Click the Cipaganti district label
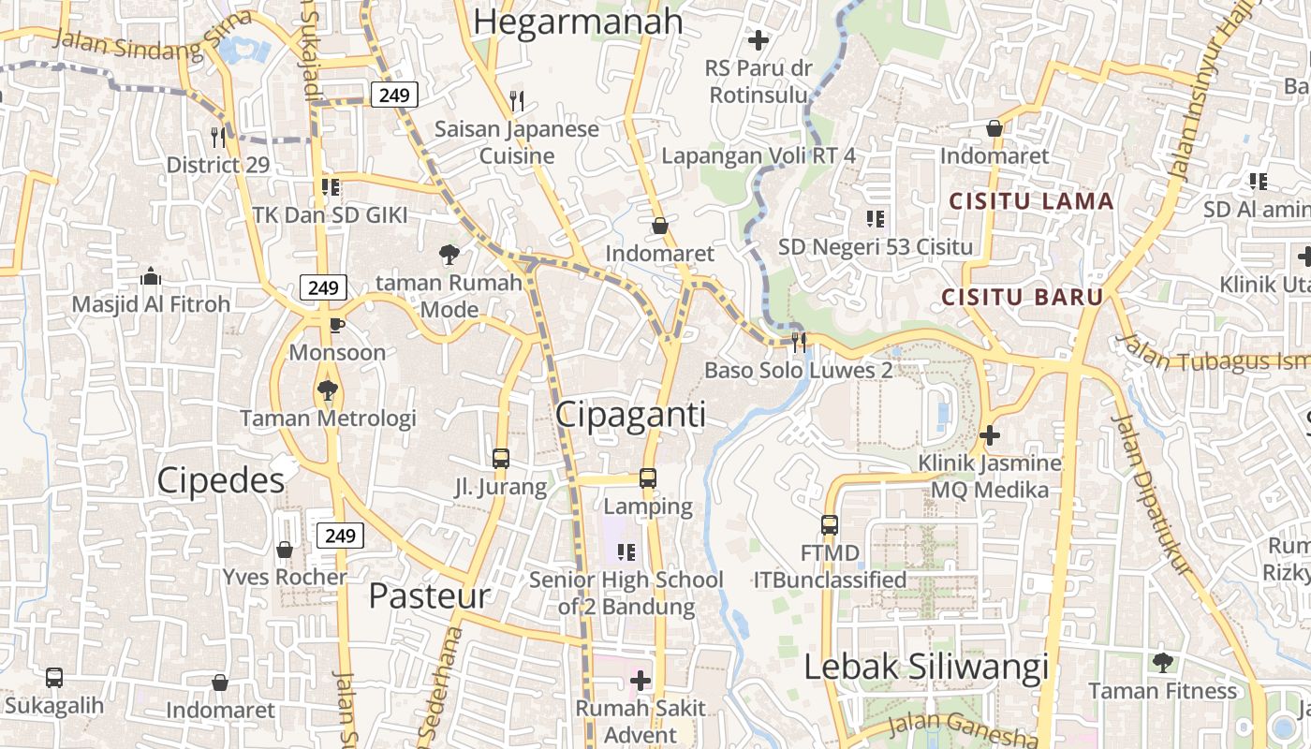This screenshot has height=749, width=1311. [630, 415]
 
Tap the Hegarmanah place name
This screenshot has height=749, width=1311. [579, 22]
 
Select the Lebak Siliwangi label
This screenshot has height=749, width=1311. [926, 668]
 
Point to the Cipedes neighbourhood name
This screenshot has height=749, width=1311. [220, 480]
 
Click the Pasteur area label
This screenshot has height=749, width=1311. [429, 595]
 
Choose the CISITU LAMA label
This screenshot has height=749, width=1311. [1031, 201]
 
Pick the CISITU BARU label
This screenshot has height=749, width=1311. [1022, 298]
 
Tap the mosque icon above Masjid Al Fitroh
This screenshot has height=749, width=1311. [150, 277]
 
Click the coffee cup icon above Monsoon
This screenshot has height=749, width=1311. [336, 325]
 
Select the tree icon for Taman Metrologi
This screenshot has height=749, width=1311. [327, 389]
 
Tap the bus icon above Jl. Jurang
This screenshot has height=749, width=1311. [501, 459]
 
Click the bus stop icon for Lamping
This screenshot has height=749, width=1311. [647, 478]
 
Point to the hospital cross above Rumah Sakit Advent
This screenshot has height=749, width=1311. [641, 680]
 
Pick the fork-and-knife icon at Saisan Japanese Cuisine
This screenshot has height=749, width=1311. [516, 100]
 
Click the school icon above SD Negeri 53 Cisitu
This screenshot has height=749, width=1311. [876, 219]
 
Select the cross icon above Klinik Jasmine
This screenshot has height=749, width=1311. [989, 435]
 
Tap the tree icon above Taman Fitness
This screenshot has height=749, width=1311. [1162, 663]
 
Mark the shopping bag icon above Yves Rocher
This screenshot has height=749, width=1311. [285, 549]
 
